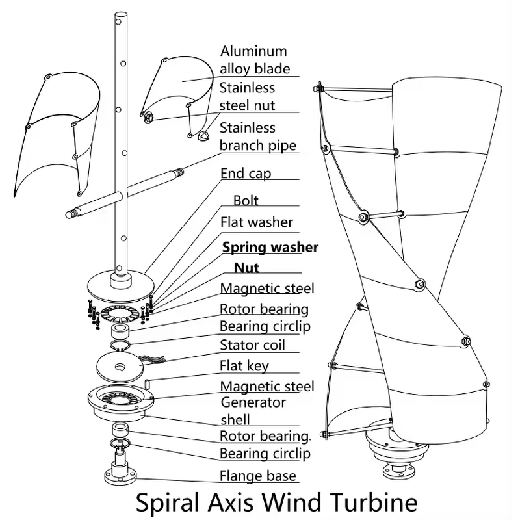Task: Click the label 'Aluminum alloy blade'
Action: point(254,60)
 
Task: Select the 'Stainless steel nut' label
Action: point(247,96)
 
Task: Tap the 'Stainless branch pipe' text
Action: point(257,136)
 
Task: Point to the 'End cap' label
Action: point(246,174)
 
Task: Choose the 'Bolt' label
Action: point(246,201)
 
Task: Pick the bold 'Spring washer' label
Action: point(270,248)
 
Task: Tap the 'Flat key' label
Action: point(244,366)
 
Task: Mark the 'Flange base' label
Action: point(257,475)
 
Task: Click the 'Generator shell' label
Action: point(253,411)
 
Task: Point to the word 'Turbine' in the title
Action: point(376,503)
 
